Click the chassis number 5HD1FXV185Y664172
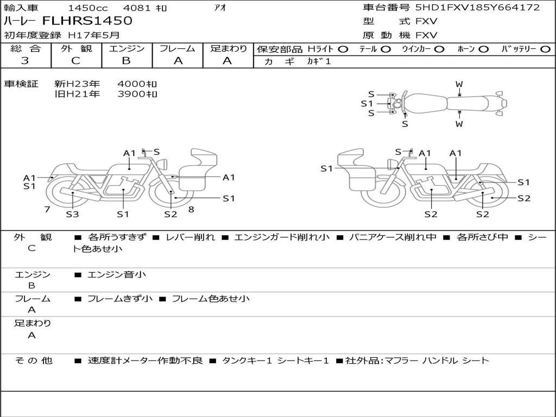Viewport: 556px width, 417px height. [478, 7]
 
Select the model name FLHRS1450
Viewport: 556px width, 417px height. [87, 21]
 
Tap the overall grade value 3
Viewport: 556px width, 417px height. [25, 61]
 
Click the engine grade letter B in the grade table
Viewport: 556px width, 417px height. [126, 61]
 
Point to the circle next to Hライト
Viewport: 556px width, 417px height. [343, 49]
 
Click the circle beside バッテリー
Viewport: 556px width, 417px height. [546, 49]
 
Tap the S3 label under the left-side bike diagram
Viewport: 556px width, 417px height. [72, 214]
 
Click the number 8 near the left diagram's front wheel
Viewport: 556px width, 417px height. [191, 210]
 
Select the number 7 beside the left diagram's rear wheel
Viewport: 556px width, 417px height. [47, 210]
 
